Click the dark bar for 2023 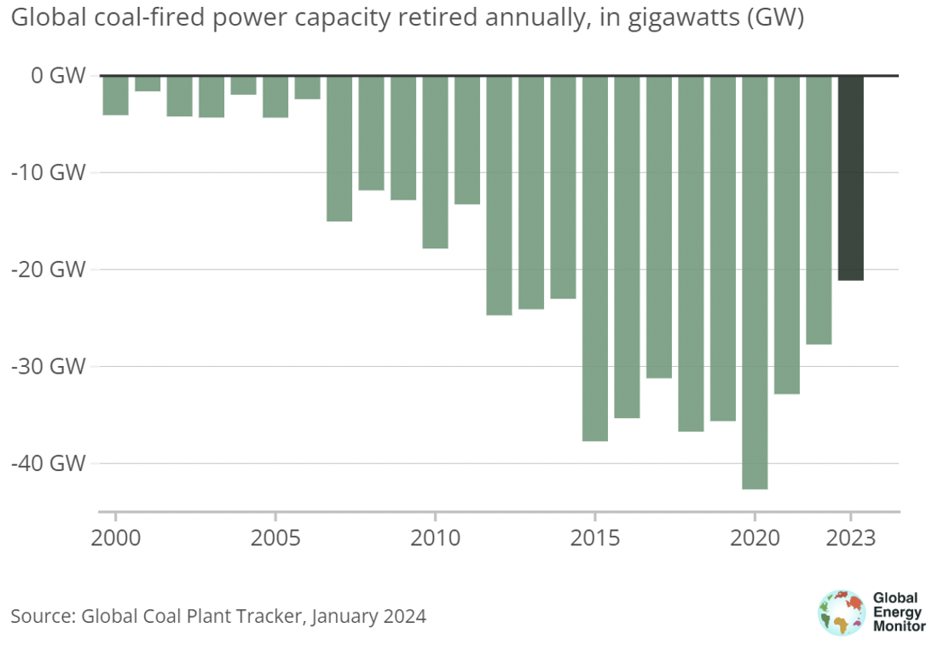coord(850,177)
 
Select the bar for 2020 coord(755,282)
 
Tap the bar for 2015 coord(595,258)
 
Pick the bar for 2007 coord(339,148)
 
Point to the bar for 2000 coord(115,95)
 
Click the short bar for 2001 coord(148,84)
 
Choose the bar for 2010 coord(435,162)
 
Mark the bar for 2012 coord(499,195)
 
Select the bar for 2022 coord(819,210)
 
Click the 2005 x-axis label coord(275,540)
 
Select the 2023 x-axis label coord(850,540)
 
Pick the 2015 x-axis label coord(594,540)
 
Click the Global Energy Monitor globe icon coord(841,612)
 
